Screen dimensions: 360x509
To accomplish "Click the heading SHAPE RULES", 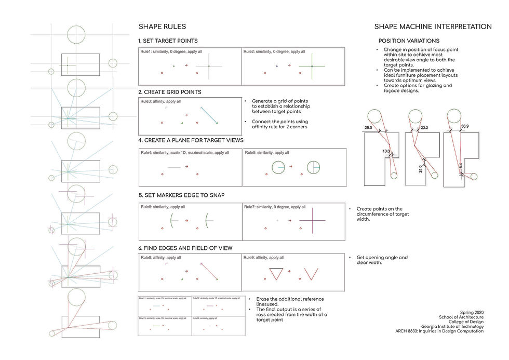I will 162,27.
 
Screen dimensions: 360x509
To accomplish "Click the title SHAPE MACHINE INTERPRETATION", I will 433,27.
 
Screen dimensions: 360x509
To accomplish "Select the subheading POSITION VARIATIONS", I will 409,41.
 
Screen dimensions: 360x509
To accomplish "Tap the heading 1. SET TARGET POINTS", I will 168,41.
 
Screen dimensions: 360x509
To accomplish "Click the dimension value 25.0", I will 368,127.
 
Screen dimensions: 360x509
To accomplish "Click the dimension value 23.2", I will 424,127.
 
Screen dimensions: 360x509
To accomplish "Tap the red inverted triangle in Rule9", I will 275,274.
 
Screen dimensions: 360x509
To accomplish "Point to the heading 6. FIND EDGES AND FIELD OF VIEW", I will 185,248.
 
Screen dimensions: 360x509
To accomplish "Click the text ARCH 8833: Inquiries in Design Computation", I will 439,331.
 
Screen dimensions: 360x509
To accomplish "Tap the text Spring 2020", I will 472,312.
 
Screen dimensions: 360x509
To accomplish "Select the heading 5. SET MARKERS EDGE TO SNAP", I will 181,195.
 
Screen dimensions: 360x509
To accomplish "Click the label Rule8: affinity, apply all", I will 161,257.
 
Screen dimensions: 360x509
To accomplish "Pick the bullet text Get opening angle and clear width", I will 382,260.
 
